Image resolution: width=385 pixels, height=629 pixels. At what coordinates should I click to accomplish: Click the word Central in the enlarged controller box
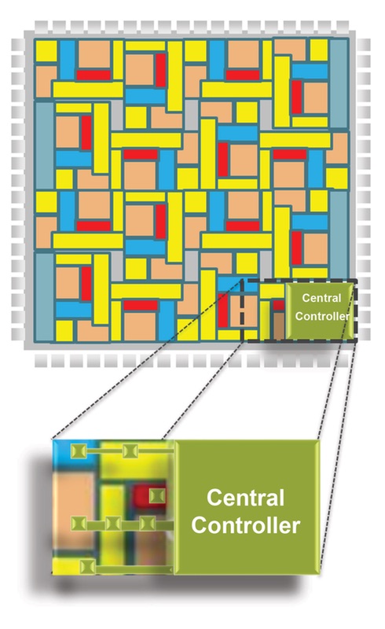click(245, 498)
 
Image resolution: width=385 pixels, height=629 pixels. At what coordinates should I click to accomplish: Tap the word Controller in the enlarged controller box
click(245, 525)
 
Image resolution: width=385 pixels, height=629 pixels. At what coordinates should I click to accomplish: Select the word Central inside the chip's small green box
click(321, 298)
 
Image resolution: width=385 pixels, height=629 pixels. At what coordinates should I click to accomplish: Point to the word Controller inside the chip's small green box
click(322, 316)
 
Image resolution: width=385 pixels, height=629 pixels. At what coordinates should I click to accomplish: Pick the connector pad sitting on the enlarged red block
click(157, 495)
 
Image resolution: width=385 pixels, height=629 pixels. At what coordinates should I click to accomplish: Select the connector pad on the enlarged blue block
click(79, 451)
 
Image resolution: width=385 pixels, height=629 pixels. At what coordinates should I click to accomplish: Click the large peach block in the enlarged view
click(73, 510)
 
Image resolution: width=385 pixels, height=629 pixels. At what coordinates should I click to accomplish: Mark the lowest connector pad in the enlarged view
click(87, 567)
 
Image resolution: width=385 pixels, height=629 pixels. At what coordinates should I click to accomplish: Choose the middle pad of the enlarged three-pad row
click(113, 524)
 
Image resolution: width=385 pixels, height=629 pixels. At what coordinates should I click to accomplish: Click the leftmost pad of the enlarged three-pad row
click(79, 524)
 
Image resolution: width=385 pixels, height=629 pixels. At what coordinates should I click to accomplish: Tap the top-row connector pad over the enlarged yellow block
click(130, 451)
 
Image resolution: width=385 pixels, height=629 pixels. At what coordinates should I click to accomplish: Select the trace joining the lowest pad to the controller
click(134, 569)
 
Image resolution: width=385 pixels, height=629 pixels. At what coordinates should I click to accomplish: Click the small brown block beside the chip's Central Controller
click(279, 325)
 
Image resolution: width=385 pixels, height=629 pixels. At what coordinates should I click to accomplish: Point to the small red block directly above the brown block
click(279, 305)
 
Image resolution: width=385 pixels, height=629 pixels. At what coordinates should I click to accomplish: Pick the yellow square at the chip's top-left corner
click(46, 50)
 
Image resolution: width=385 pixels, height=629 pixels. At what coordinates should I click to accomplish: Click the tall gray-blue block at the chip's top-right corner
click(339, 83)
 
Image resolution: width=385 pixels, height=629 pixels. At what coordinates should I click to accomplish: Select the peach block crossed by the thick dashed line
click(243, 311)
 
